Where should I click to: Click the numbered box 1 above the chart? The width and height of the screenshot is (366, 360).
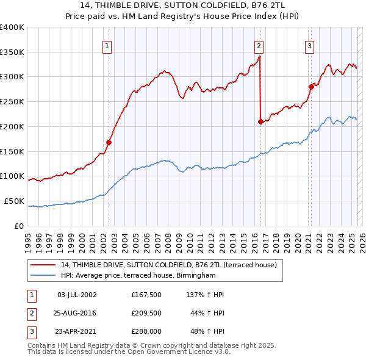pos(107,45)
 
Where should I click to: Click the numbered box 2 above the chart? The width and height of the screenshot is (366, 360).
pos(259,45)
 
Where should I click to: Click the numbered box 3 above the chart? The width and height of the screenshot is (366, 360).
pos(309,45)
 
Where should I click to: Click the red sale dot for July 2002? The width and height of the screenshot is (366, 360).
pos(109,142)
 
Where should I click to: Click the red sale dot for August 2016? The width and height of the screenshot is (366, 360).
pos(261,121)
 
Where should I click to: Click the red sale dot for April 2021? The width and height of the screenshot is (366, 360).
pos(311,86)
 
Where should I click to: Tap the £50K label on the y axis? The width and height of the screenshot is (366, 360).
pos(15,201)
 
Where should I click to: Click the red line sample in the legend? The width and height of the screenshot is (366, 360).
pos(43,265)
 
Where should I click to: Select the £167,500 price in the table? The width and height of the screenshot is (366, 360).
pos(146,295)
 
